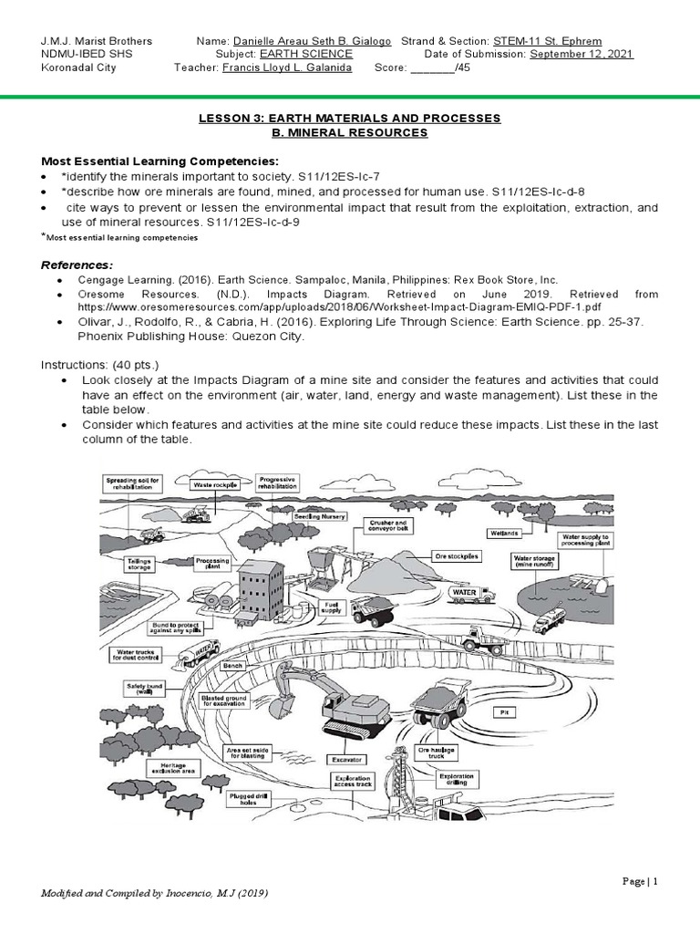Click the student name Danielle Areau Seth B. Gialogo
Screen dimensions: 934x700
(x=313, y=42)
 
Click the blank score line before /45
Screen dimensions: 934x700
(x=432, y=68)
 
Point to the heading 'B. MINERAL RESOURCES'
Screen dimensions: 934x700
(x=350, y=133)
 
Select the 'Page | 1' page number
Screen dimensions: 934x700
(x=641, y=881)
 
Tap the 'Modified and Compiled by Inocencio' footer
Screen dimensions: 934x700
(x=156, y=892)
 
